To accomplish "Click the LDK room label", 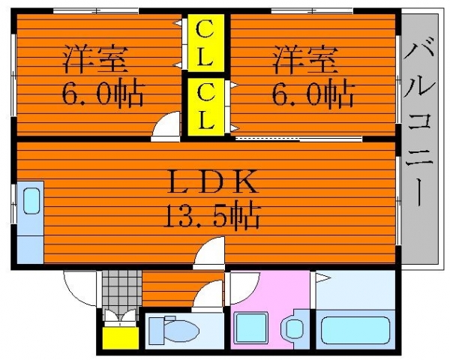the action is click(x=214, y=181).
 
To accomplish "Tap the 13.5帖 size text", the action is click(x=212, y=217).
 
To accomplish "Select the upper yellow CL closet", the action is click(x=205, y=43).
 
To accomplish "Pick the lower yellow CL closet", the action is click(x=205, y=106).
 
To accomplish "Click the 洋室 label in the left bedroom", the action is click(x=95, y=59).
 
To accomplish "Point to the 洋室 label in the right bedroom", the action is click(x=304, y=59).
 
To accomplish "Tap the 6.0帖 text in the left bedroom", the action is click(x=103, y=93).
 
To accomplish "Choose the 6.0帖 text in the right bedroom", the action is click(x=313, y=93).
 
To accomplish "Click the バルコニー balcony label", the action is click(x=419, y=125).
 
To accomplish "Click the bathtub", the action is click(x=355, y=329).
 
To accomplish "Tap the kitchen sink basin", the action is click(x=31, y=201).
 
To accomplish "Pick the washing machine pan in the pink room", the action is click(x=250, y=328).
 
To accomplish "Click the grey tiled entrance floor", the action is click(x=122, y=292).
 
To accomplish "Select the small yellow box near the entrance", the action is click(x=121, y=338).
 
